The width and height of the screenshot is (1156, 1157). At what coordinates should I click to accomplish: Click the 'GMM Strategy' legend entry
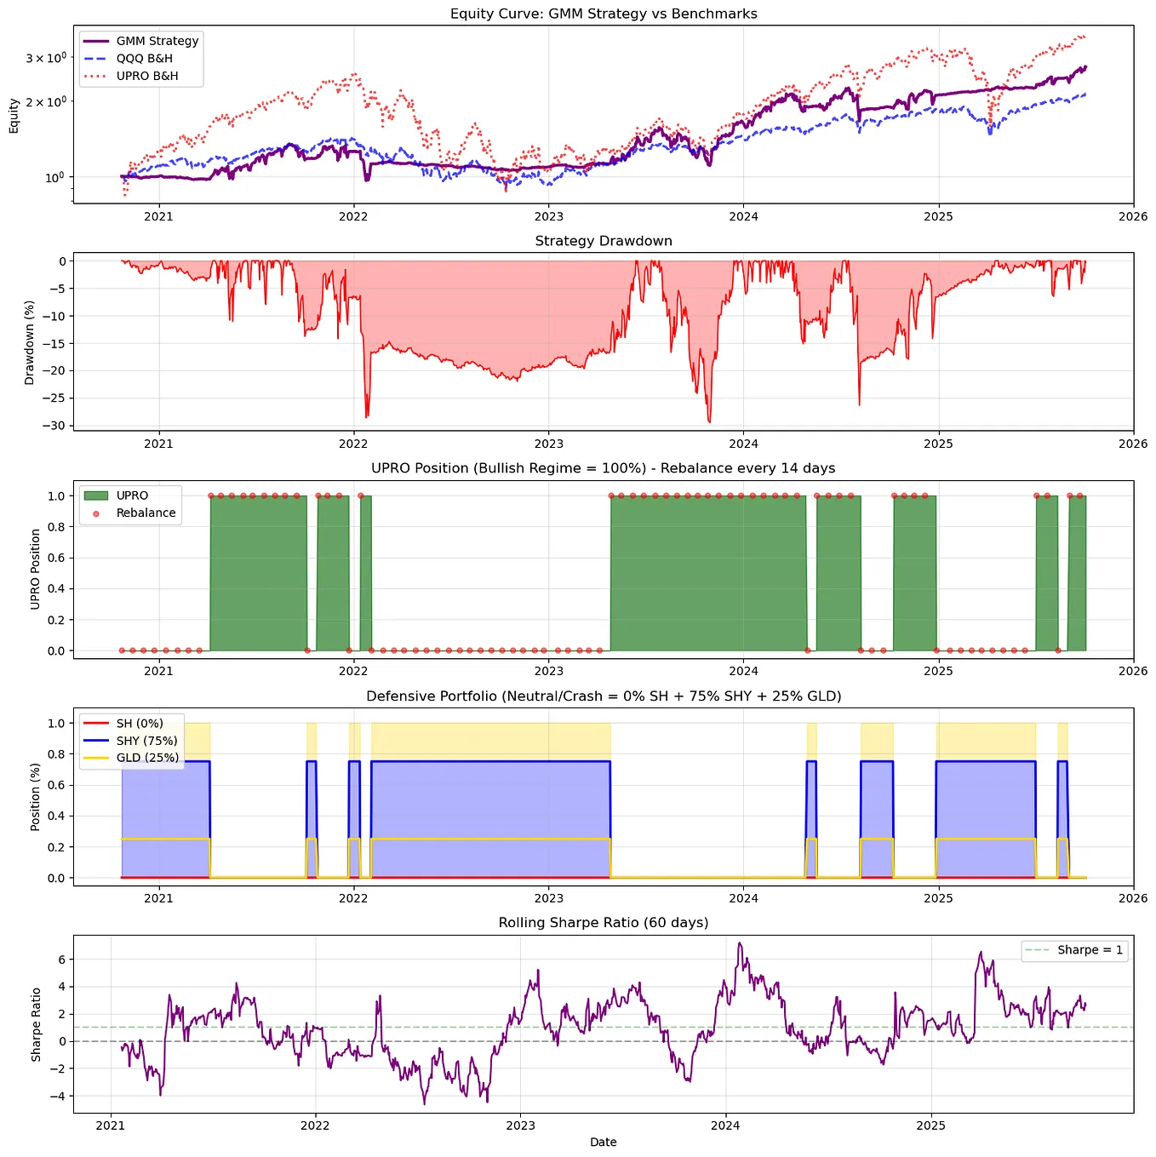tap(157, 41)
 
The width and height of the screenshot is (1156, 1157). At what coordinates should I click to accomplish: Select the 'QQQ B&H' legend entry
tap(144, 59)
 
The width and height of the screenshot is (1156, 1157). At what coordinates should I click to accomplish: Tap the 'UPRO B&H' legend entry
tap(147, 76)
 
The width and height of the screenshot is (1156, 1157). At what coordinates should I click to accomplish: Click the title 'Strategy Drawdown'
tap(604, 241)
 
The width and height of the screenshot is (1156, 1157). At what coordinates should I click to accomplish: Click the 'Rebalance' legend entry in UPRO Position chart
tap(146, 513)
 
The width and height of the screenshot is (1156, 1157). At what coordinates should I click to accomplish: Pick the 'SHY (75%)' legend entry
tap(146, 741)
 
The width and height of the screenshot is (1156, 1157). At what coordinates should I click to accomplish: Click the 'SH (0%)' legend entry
tap(140, 724)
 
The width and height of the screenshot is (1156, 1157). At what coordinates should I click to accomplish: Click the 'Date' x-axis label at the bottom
tap(603, 1143)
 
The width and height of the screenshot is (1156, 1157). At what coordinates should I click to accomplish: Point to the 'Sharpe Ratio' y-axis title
tap(36, 1024)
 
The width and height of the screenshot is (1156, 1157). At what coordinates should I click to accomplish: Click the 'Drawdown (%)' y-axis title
tap(29, 342)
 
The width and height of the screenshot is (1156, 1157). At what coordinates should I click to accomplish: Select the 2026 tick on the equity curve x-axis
tap(1133, 216)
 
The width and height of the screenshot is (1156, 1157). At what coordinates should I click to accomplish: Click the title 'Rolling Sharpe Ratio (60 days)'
tap(604, 923)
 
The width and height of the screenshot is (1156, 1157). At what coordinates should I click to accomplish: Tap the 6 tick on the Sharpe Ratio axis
tap(61, 959)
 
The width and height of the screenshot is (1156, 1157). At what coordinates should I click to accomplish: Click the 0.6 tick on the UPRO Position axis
tap(56, 558)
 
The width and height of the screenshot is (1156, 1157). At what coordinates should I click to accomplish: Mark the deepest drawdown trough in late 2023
tap(709, 422)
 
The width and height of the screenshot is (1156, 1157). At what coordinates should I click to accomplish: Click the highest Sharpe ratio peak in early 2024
tap(739, 943)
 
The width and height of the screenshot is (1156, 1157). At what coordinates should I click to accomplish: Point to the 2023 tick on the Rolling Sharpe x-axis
tap(520, 1125)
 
